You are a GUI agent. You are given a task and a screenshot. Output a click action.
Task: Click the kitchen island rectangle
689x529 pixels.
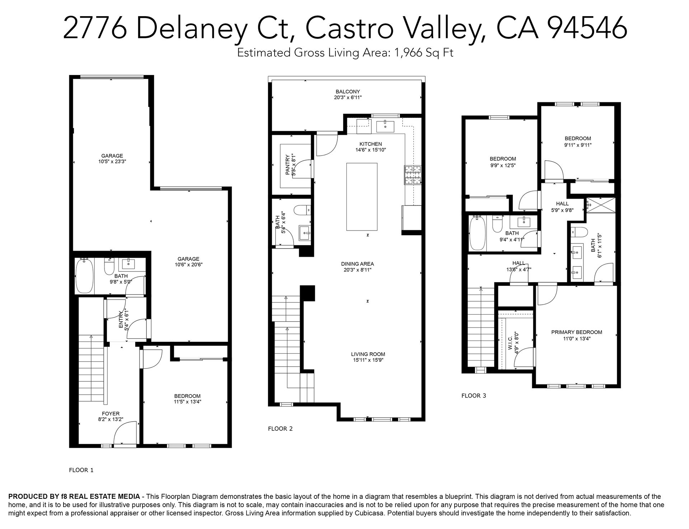(362, 196)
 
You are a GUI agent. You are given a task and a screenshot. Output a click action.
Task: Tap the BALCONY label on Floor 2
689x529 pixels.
(348, 92)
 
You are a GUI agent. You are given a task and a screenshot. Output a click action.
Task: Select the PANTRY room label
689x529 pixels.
(287, 165)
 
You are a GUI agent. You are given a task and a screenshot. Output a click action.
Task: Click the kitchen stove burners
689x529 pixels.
(413, 175)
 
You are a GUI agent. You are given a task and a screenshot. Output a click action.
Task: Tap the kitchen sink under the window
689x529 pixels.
(385, 126)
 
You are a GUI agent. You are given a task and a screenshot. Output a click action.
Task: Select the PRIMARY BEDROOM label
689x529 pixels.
(577, 332)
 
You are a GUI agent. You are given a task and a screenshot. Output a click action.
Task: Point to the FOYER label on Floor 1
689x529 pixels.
(111, 414)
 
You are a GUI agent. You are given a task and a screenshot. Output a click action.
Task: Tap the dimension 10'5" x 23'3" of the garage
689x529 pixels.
(112, 162)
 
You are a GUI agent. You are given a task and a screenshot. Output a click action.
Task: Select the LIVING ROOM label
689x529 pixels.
(368, 354)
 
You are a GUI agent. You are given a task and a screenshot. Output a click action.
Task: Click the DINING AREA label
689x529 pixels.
(357, 264)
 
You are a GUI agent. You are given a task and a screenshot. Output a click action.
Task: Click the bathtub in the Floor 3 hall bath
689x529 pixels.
(478, 233)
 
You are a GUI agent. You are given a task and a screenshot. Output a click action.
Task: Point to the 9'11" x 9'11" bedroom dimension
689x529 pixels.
(578, 145)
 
